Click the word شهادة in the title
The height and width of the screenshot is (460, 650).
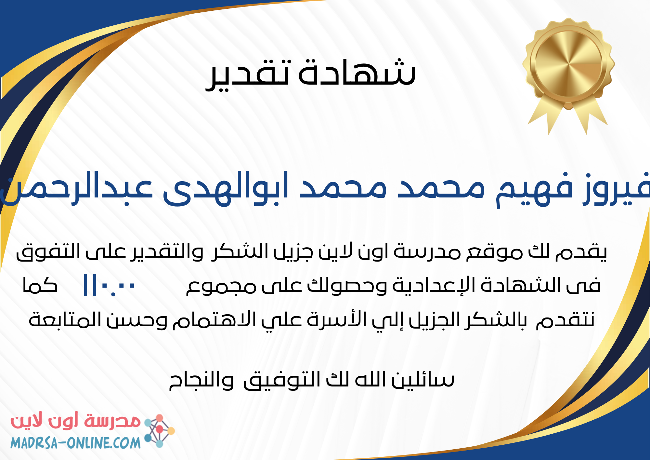click(x=357, y=72)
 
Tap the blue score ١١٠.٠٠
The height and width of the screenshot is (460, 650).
click(x=109, y=285)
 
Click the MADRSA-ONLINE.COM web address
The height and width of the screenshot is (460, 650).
click(x=75, y=443)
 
